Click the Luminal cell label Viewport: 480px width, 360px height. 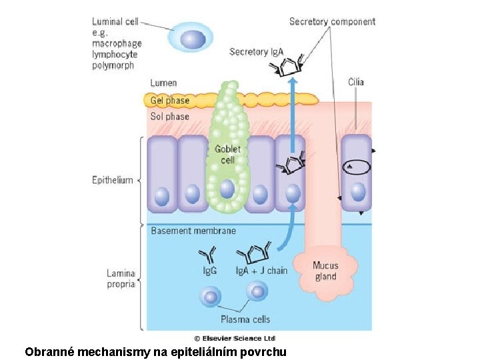point(115,22)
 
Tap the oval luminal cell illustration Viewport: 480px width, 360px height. point(193,39)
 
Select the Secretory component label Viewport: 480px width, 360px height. point(332,22)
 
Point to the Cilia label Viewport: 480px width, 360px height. point(356,82)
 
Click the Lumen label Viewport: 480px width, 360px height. point(163,83)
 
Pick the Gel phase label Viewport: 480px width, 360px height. point(169,101)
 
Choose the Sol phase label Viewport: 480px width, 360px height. point(169,117)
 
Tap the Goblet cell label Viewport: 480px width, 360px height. point(227,155)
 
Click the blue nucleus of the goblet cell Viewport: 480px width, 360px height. point(227,189)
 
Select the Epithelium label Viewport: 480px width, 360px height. point(113,181)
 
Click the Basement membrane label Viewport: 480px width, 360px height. point(193,231)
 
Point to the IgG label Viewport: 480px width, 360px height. point(209,271)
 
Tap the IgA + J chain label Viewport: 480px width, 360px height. point(261,271)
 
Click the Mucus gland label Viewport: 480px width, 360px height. point(325,271)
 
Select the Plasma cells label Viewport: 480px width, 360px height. point(245,319)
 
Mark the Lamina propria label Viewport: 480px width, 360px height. point(121,279)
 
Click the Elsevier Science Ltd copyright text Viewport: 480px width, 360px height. point(235,338)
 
